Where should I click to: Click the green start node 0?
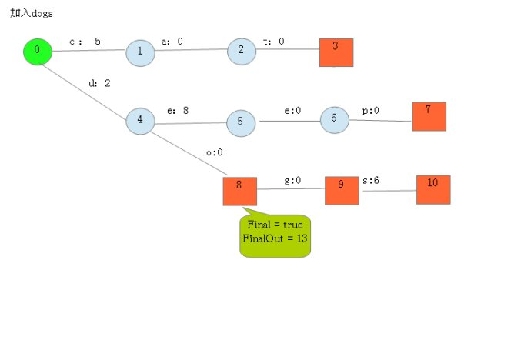(37, 51)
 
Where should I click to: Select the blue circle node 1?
(139, 52)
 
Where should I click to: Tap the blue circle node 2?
(241, 50)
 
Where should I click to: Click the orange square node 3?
(336, 52)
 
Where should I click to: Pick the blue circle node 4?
(140, 120)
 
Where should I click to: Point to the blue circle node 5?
(240, 122)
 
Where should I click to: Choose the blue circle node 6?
(334, 119)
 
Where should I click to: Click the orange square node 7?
(429, 115)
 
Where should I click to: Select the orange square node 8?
(239, 191)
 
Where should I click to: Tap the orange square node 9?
(341, 190)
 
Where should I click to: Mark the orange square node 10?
(433, 189)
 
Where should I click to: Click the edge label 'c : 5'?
(85, 42)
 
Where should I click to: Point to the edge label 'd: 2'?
(99, 83)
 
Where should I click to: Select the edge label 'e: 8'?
(178, 111)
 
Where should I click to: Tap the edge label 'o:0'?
(214, 152)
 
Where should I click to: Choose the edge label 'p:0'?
(370, 111)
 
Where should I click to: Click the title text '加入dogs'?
(32, 14)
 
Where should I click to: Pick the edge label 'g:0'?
(292, 181)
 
